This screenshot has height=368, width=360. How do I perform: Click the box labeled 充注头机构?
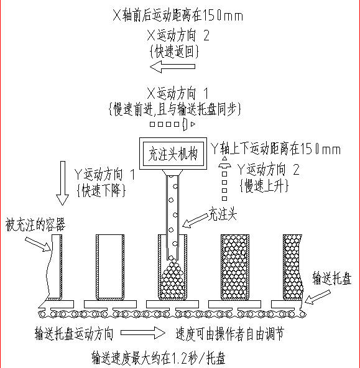pyautogui.click(x=173, y=154)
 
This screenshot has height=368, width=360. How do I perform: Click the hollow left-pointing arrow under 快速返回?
pyautogui.click(x=172, y=67)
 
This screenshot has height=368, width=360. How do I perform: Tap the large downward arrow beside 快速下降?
pyautogui.click(x=62, y=183)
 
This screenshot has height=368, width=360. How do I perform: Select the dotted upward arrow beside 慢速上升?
pyautogui.click(x=224, y=179)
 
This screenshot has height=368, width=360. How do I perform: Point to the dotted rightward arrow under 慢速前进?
pyautogui.click(x=173, y=124)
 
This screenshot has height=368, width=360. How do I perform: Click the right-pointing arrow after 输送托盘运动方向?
pyautogui.click(x=143, y=333)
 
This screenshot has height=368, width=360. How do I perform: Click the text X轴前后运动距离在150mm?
pyautogui.click(x=178, y=16)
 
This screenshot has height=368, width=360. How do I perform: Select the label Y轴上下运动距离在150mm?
pyautogui.click(x=275, y=149)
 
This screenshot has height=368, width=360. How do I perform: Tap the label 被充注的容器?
pyautogui.click(x=35, y=224)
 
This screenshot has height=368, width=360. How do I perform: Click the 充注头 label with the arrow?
pyautogui.click(x=223, y=214)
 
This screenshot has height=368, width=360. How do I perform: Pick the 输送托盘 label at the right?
pyautogui.click(x=332, y=278)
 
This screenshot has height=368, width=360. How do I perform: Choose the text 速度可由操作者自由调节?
pyautogui.click(x=230, y=333)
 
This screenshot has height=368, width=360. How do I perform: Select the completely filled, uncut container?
pyautogui.click(x=235, y=267)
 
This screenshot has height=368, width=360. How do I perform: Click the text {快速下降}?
pyautogui.click(x=101, y=190)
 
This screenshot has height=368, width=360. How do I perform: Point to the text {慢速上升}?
pyautogui.click(x=264, y=186)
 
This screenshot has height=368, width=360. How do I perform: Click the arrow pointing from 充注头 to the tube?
pyautogui.click(x=195, y=221)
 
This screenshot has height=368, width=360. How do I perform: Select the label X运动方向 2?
pyautogui.click(x=178, y=35)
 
